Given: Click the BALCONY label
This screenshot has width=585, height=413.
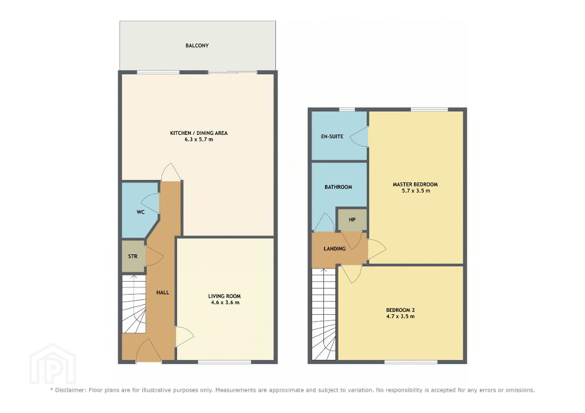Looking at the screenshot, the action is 197,46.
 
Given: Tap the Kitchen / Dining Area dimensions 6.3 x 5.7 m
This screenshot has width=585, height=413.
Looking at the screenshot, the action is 199,139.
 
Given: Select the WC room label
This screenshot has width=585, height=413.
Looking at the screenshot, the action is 141,212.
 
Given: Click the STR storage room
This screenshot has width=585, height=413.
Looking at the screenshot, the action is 133,256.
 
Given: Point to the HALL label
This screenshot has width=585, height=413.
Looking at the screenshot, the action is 163,292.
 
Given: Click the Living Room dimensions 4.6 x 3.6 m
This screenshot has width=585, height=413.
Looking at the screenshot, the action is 224,303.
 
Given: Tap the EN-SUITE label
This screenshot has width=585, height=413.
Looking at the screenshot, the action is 332,137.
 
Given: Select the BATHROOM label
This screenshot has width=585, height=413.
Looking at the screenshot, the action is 338,187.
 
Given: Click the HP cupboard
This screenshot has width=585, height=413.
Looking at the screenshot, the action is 352,220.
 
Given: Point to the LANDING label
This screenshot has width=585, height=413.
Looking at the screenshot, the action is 335,248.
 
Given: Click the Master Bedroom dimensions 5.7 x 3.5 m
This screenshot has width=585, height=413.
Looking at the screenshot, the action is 415,191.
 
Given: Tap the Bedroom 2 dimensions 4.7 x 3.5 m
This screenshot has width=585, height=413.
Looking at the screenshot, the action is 400,316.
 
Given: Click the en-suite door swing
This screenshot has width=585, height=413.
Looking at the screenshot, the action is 359,137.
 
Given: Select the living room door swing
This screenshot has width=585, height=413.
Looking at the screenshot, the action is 185,336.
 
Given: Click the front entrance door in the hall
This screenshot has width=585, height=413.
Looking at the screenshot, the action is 149,350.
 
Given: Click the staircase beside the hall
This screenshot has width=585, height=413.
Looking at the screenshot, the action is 134,304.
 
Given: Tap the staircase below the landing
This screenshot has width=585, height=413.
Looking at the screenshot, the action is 324,314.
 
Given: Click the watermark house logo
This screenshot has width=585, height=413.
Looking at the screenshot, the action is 53,364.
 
